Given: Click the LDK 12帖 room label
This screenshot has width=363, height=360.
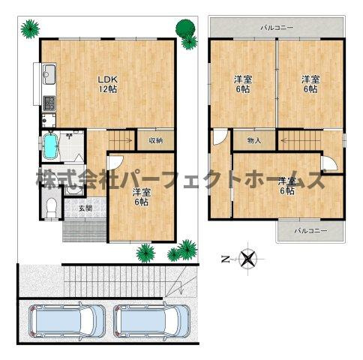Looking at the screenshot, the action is pyautogui.click(x=107, y=85).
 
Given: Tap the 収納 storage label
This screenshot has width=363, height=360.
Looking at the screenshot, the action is pyautogui.click(x=156, y=140).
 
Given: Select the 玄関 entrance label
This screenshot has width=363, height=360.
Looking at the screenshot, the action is pyautogui.click(x=85, y=208).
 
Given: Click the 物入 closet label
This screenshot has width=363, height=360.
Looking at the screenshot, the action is pyautogui.click(x=254, y=140).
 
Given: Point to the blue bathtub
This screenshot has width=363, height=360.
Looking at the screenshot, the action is pyautogui.click(x=51, y=145).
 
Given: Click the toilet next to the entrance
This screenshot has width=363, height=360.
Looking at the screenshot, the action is pyautogui.click(x=52, y=208).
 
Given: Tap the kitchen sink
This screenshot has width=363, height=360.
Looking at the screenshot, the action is pyautogui.click(x=49, y=74).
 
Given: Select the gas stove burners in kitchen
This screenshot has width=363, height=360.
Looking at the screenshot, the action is pyautogui.click(x=49, y=103).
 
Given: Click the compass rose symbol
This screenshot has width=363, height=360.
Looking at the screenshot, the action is pyautogui.click(x=248, y=259).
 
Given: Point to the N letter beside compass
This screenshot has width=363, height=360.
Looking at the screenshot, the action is pyautogui.click(x=226, y=259).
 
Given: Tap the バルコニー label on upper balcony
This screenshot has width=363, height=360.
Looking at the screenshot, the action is pyautogui.click(x=277, y=28).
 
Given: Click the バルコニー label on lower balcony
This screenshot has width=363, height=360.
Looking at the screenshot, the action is pyautogui.click(x=310, y=230).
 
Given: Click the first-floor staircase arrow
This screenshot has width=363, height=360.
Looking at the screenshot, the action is pyautogui.click(x=121, y=140).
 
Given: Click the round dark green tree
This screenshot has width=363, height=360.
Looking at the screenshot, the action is pyautogui.click(x=185, y=28).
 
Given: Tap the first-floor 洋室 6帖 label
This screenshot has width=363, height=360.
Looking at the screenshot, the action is pyautogui.click(x=142, y=197).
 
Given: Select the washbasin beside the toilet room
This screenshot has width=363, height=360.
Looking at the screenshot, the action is pyautogui.click(x=74, y=190).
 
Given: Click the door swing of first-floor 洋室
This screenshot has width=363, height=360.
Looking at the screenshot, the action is pyautogui.click(x=115, y=163).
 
